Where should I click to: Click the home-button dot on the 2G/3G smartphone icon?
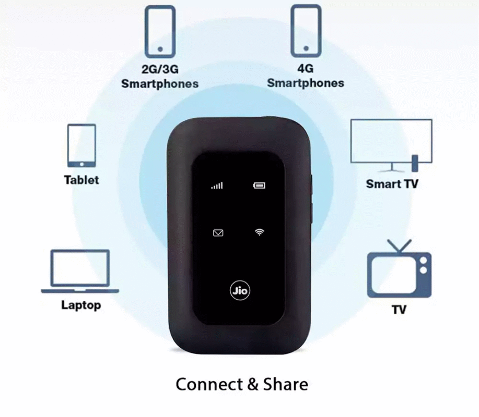[160, 49]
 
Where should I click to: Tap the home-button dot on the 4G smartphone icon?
[306, 48]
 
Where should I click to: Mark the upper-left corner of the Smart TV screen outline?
[351, 119]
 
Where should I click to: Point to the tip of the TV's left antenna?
[388, 240]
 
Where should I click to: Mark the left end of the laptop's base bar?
[42, 291]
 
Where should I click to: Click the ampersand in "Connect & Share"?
[253, 384]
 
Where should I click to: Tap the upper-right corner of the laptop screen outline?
[109, 250]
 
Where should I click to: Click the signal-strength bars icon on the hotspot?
[217, 186]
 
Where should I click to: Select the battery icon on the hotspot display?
[260, 186]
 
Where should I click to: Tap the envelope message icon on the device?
[218, 233]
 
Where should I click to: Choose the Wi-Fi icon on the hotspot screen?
[260, 232]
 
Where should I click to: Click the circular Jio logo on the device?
[240, 290]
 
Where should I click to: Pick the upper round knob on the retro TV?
[424, 261]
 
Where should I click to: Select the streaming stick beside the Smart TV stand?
[415, 163]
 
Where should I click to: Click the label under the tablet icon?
[81, 180]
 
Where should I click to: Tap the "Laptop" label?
[81, 305]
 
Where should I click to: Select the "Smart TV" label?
[392, 184]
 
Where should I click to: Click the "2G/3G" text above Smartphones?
[160, 69]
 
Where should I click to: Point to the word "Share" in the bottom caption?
[286, 384]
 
